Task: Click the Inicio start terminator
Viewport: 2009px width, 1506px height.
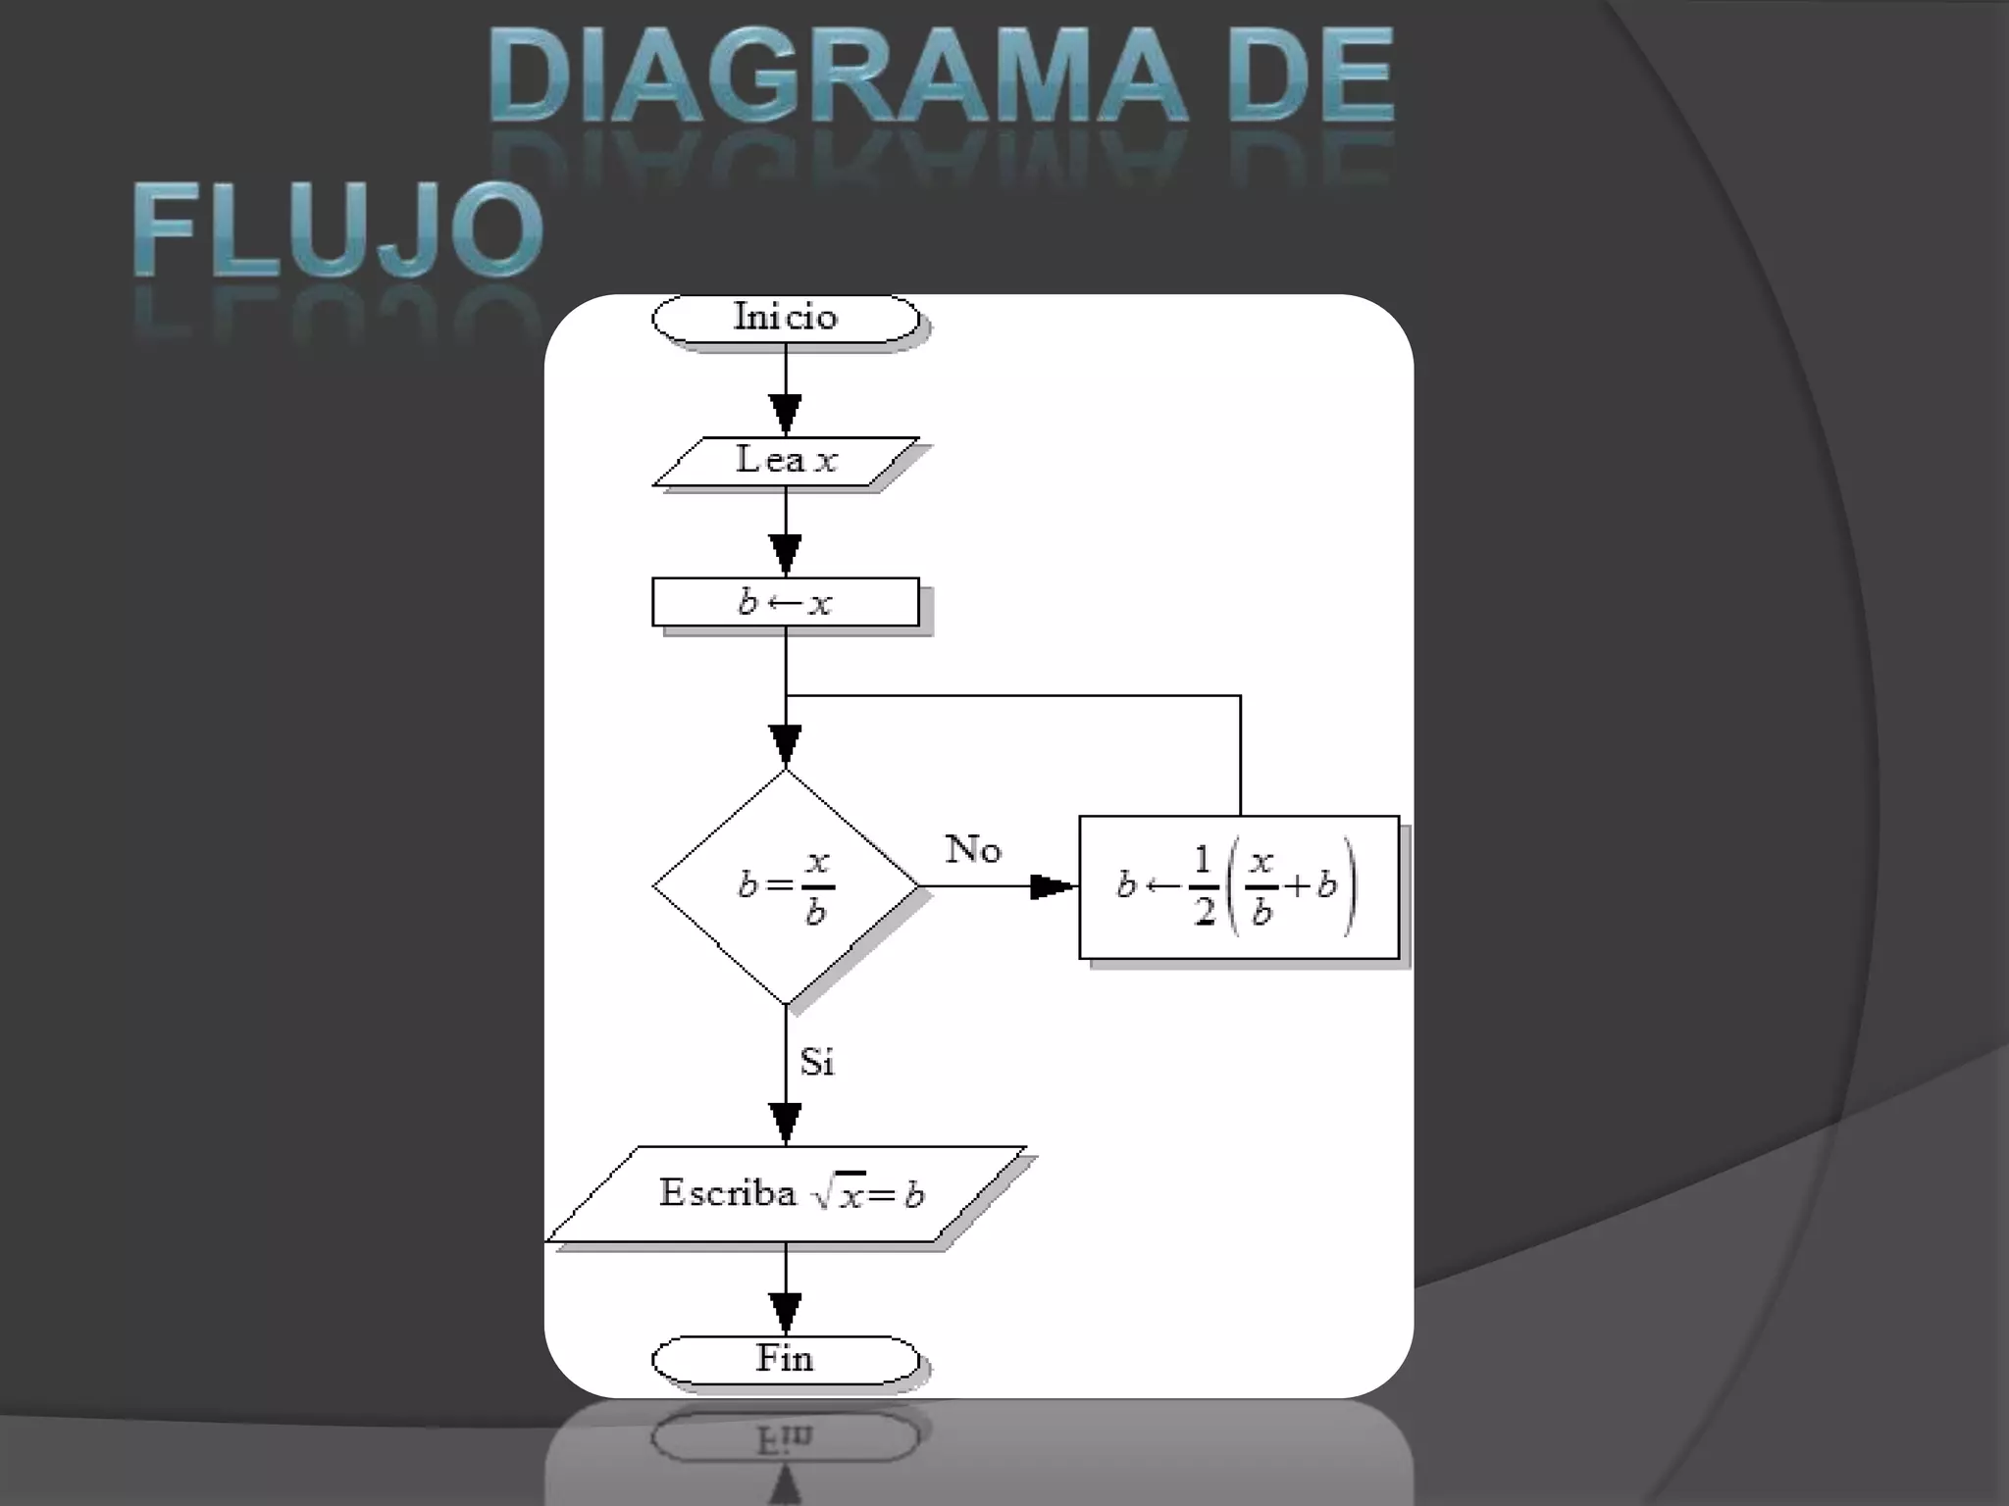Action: (785, 318)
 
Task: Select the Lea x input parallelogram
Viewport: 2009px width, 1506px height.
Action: (785, 461)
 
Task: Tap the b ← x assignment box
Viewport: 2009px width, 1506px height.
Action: (785, 602)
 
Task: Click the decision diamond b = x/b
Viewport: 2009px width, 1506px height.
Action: (785, 886)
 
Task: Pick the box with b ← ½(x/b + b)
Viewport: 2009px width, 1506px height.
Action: (1238, 886)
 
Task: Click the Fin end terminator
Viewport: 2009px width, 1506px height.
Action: (785, 1359)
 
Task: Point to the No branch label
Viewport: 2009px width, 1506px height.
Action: (972, 850)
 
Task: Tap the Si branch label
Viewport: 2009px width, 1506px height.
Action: (816, 1062)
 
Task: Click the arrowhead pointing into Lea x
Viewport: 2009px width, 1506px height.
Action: (785, 414)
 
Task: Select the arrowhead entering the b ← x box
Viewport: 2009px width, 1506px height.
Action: (785, 554)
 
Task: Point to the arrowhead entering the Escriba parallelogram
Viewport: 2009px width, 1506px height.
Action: (785, 1123)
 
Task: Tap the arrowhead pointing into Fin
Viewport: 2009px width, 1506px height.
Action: (785, 1313)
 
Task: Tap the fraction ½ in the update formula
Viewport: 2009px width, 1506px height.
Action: (1204, 886)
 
